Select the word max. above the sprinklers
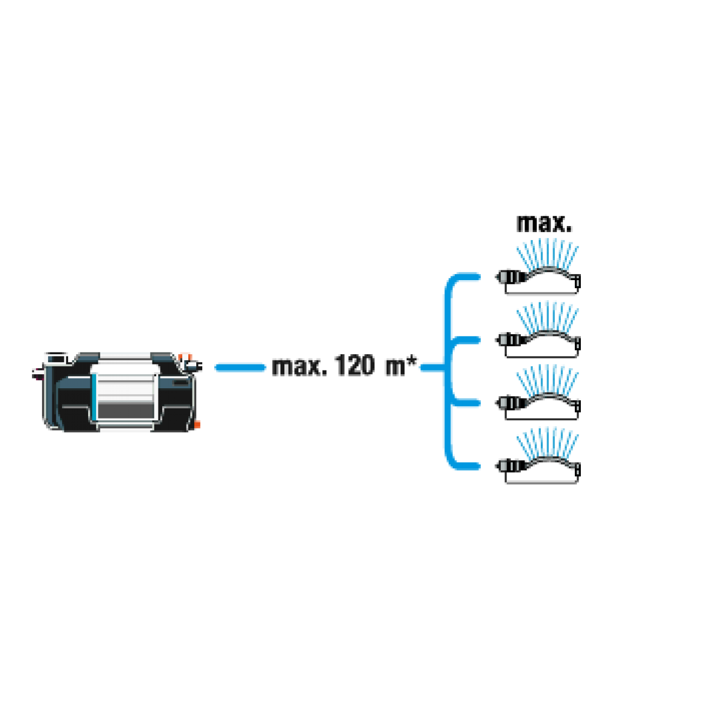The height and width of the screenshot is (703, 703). click(x=544, y=223)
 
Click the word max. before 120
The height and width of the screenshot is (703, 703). click(x=300, y=366)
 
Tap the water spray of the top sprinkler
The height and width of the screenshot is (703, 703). click(x=547, y=255)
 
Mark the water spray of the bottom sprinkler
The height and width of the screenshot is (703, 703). click(x=547, y=444)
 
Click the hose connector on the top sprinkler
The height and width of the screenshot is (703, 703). click(x=510, y=277)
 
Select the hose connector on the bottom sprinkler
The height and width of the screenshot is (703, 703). click(x=510, y=466)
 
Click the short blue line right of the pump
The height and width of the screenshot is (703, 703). click(x=240, y=367)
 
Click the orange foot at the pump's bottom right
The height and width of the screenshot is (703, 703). click(x=197, y=425)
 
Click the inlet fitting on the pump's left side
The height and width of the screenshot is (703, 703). click(x=38, y=374)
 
